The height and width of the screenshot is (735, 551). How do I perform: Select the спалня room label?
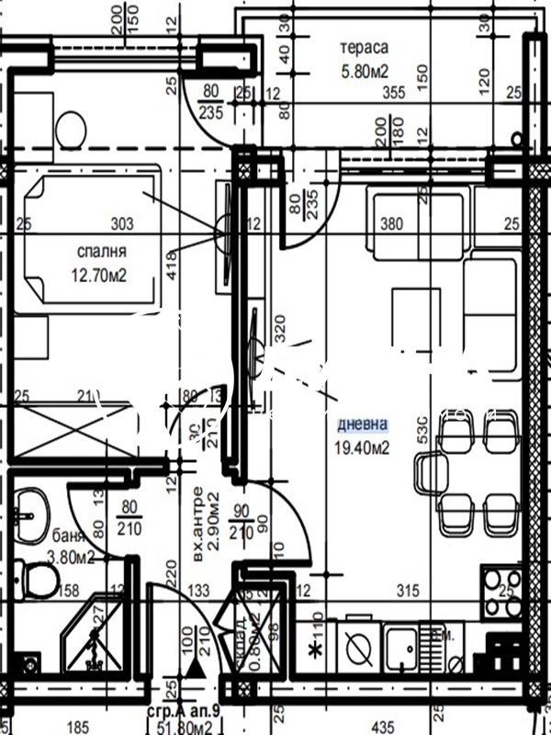[x=103, y=250]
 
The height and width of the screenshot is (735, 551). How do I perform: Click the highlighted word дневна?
[x=362, y=424]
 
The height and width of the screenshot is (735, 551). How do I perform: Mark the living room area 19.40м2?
[x=362, y=447]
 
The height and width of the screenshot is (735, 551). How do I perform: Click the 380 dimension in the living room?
[x=392, y=223]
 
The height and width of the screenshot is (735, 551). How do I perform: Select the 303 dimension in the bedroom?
[x=122, y=223]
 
